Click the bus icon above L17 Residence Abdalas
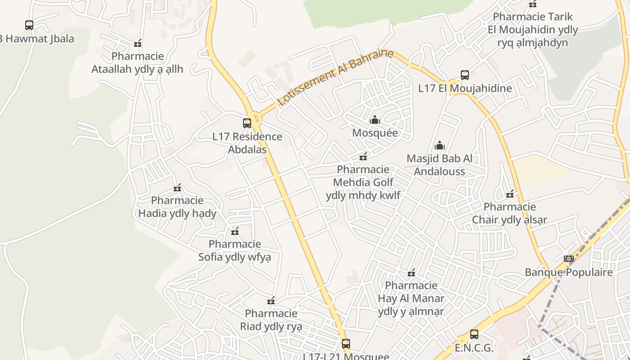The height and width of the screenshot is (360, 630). coord(247,123)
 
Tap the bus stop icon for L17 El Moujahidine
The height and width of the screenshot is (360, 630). coord(465,75)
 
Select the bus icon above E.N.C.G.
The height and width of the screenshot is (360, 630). coord(474,334)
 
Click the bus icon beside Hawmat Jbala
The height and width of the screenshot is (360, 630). coord(29,25)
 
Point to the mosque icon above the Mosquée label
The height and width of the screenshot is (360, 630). coord(374,120)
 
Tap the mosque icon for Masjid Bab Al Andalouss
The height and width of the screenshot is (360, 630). coord(440,145)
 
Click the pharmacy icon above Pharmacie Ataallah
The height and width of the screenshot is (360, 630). coord(138,44)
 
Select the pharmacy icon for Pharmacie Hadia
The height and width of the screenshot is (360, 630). coord(177,188)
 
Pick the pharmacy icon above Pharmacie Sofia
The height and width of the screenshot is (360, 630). coord(234,231)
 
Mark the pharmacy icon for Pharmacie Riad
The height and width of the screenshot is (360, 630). coord(271,301)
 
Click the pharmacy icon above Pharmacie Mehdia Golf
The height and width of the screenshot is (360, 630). coord(363,157)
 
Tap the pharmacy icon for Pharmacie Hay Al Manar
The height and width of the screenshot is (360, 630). coord(411,273)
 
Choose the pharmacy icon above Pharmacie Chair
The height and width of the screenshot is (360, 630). coord(510,194)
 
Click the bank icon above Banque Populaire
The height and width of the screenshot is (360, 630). coord(569,259)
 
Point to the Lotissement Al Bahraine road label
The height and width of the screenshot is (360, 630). coord(335,77)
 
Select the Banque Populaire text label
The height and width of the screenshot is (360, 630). coord(569,272)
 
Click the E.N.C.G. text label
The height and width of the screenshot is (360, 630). coord(474,348)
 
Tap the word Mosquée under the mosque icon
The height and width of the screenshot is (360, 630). coord(375,133)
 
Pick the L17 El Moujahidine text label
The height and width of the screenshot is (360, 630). coord(465,88)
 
